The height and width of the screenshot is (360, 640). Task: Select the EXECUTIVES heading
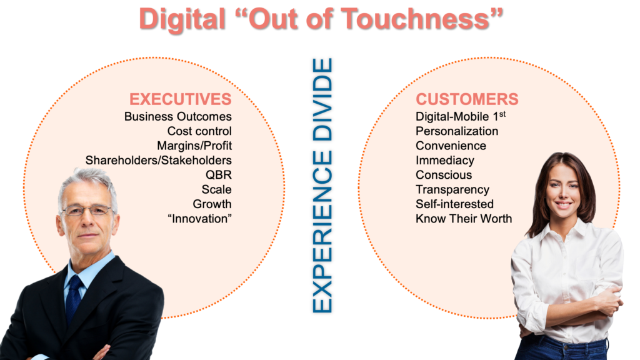[181, 99]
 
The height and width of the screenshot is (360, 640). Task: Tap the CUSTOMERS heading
[467, 99]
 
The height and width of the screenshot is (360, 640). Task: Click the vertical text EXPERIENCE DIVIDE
[322, 186]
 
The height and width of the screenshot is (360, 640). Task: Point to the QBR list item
[218, 175]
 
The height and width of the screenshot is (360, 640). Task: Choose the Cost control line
[199, 131]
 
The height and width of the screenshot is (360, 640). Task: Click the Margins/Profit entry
[194, 146]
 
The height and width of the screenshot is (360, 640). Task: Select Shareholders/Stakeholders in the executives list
[158, 161]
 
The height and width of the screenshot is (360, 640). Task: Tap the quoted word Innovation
[199, 219]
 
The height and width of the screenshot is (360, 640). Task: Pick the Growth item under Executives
[212, 204]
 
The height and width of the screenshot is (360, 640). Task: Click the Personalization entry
[457, 131]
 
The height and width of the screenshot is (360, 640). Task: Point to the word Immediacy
[445, 161]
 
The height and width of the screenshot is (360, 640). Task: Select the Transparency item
[452, 190]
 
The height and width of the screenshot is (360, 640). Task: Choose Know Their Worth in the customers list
[464, 219]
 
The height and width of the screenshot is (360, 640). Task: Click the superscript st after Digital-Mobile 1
[502, 114]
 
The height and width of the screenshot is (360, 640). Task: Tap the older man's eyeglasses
[87, 211]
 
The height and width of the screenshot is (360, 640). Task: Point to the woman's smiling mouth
[563, 204]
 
